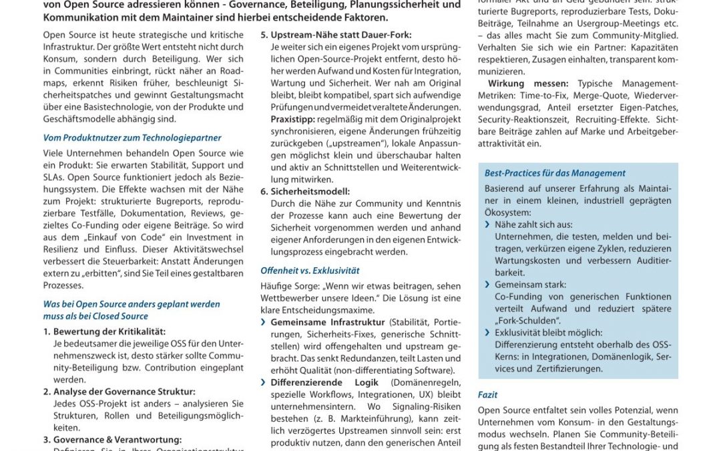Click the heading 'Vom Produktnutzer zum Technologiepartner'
(132, 138)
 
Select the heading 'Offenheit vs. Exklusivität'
(310, 271)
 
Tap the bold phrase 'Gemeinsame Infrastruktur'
(328, 322)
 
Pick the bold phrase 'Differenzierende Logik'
(324, 382)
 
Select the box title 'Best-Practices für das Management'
(555, 173)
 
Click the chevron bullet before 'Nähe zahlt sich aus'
(488, 225)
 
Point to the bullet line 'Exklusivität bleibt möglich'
(548, 333)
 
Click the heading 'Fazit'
(487, 395)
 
